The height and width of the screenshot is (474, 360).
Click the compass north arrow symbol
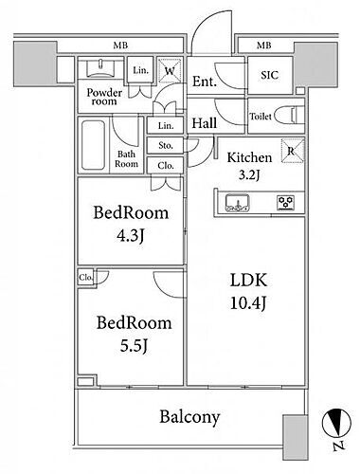point(336,424)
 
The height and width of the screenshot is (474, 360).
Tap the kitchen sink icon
point(238,203)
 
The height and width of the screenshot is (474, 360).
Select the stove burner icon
point(286,202)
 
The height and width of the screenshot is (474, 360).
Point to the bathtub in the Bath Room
point(93,145)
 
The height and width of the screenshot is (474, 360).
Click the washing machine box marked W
point(170,70)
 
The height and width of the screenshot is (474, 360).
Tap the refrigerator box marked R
point(293,151)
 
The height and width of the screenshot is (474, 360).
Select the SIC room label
point(270,75)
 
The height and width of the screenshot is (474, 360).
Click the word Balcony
point(189,417)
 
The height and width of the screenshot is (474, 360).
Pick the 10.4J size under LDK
point(248,303)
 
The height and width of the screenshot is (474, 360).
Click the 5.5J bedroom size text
point(134,345)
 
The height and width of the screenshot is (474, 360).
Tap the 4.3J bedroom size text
point(131,235)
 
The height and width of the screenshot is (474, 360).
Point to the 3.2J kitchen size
point(249,174)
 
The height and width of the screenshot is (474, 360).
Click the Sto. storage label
point(166,145)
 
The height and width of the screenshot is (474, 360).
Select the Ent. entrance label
point(205,82)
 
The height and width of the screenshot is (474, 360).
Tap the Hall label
point(205,123)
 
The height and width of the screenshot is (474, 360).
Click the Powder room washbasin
point(100,69)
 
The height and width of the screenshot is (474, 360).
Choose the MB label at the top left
point(120,46)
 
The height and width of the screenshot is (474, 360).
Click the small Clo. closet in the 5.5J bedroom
point(86,278)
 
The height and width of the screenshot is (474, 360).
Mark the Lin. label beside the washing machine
point(140,70)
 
